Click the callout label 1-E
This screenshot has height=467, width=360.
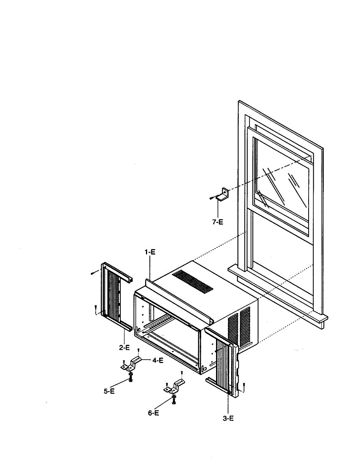(x=150, y=252)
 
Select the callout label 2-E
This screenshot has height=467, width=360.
(x=125, y=348)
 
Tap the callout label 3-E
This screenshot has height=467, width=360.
(x=228, y=418)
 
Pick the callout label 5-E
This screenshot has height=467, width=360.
(x=109, y=391)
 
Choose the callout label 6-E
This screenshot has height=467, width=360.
(x=153, y=413)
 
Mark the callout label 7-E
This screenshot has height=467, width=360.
(x=218, y=222)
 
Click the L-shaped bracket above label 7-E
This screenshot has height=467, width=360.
(x=223, y=195)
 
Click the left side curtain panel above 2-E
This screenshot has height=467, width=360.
(x=116, y=297)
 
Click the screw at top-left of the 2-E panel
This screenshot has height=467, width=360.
(x=93, y=273)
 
